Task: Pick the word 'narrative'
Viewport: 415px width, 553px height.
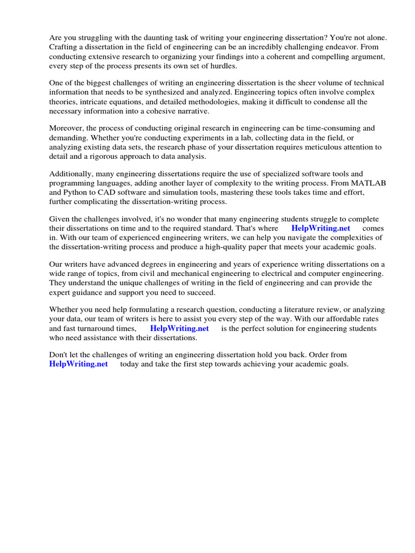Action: point(191,111)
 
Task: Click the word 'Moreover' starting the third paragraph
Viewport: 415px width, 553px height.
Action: point(65,129)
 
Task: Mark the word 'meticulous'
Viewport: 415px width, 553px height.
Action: point(320,147)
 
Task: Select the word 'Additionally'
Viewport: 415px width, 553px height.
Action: point(70,174)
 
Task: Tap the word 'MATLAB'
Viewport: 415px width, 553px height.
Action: point(369,183)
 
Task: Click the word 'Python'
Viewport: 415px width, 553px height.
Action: point(77,192)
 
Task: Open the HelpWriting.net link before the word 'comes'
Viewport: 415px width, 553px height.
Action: point(320,228)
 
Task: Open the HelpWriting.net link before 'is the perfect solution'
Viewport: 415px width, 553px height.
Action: point(179,328)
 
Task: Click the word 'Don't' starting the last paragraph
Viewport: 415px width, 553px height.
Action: point(59,355)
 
